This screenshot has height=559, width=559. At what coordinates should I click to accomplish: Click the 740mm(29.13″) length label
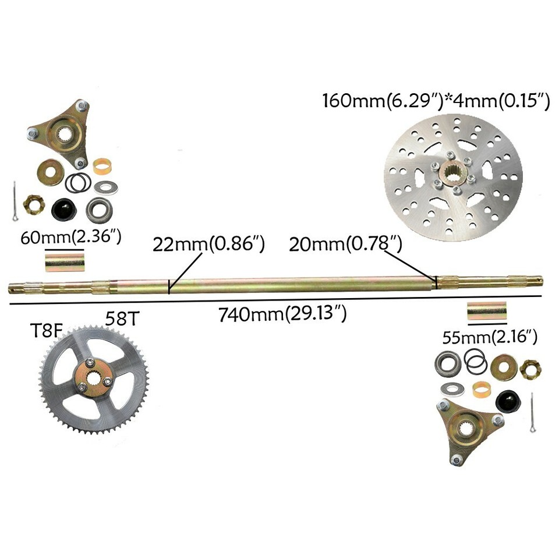283,315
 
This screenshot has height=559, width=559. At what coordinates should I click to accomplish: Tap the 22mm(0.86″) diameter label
208,244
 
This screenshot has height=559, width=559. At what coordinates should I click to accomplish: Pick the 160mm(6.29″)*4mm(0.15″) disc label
436,101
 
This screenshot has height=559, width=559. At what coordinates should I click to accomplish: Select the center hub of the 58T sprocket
93,372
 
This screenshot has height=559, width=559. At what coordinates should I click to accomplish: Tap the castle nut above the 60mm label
32,204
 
